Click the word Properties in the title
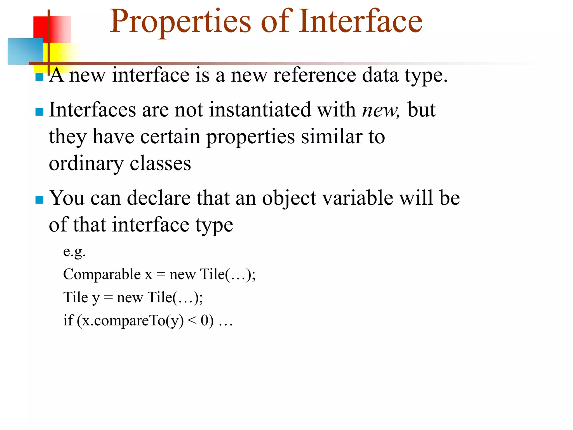point(180,22)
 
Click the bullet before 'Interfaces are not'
point(39,112)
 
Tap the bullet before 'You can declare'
point(39,200)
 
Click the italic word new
point(380,110)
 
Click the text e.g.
point(74,252)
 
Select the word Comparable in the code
point(102,274)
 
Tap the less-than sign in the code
point(192,320)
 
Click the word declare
point(159,198)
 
